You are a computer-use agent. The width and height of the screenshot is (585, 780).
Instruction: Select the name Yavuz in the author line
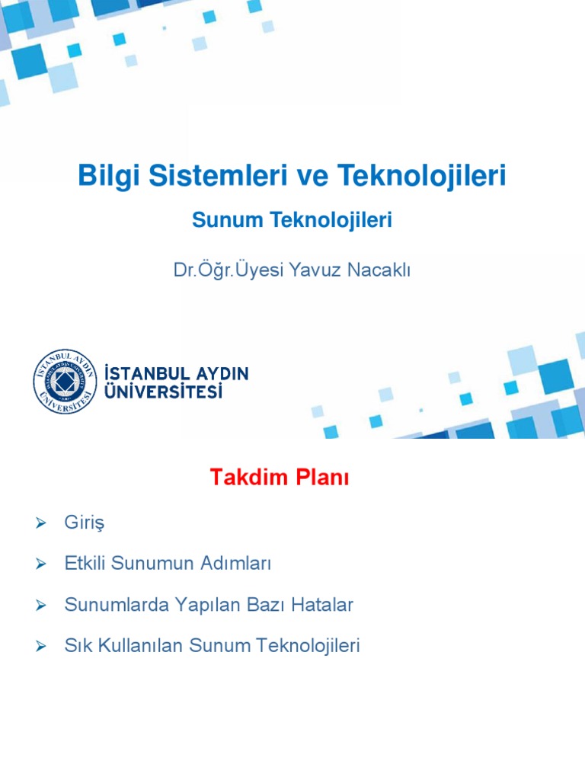click(312, 270)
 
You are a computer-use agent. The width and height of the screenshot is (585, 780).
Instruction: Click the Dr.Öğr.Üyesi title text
click(229, 270)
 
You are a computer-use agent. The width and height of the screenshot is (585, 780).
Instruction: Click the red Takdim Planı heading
click(280, 478)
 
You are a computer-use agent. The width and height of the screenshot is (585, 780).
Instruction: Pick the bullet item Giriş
click(84, 523)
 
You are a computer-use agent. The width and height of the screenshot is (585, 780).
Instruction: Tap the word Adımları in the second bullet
click(234, 564)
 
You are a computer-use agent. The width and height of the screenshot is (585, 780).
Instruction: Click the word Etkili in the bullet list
click(86, 564)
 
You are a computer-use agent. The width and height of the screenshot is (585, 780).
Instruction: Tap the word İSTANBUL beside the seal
click(142, 374)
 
